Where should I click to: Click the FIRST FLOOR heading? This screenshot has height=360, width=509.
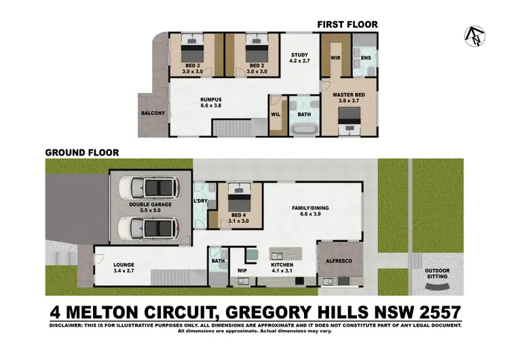[347, 24]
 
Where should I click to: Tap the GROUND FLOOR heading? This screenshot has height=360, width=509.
[82, 153]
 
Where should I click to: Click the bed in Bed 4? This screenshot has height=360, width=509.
[239, 198]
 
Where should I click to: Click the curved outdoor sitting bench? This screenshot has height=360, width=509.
[437, 287]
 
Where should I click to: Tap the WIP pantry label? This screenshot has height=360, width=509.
[242, 270]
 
